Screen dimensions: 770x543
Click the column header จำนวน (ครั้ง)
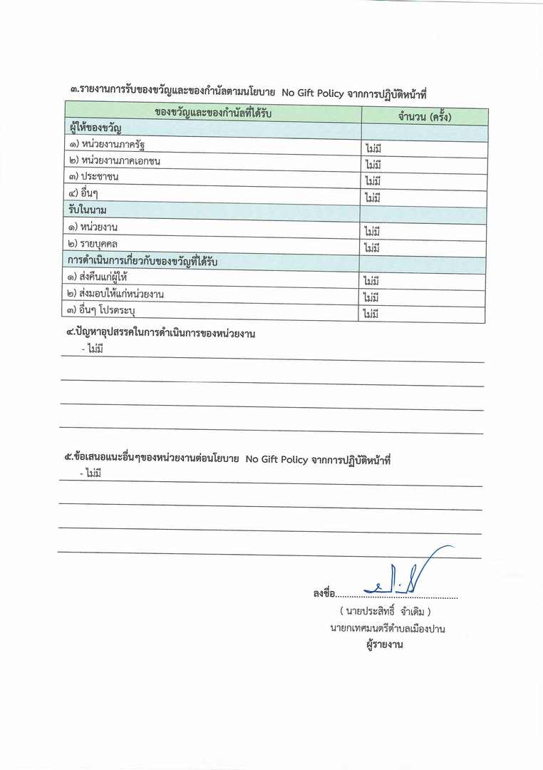[425, 116]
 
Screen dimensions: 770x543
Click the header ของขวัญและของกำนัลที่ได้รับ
[213, 113]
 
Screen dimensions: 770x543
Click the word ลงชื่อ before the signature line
[324, 593]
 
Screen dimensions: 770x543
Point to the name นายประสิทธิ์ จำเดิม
[386, 612]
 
